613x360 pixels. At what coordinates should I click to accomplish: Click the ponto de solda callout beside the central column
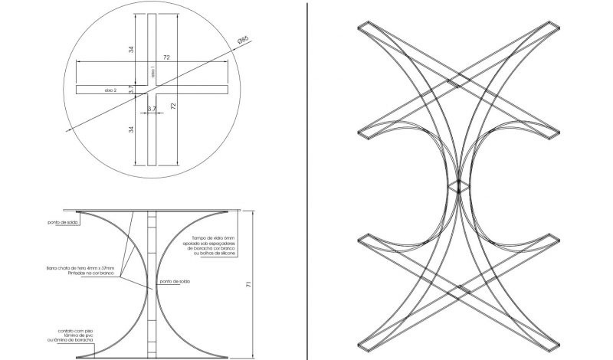(x=175, y=282)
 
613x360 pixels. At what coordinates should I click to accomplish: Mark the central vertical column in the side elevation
(x=153, y=283)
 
